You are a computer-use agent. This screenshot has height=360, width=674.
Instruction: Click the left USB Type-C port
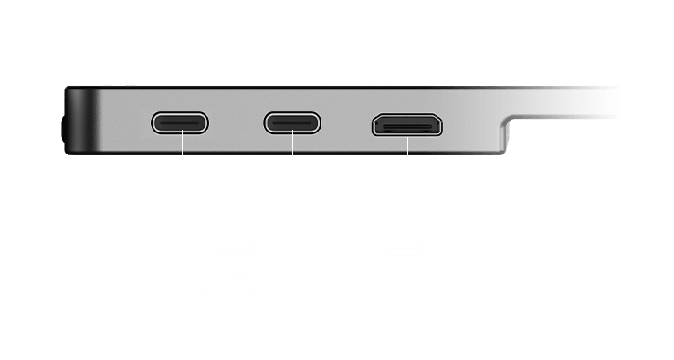(181, 123)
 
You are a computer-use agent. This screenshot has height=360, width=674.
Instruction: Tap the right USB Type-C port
(293, 123)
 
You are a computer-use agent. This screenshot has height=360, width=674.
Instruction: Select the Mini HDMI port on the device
(406, 125)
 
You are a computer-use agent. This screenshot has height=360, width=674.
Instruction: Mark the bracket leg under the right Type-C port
(293, 151)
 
